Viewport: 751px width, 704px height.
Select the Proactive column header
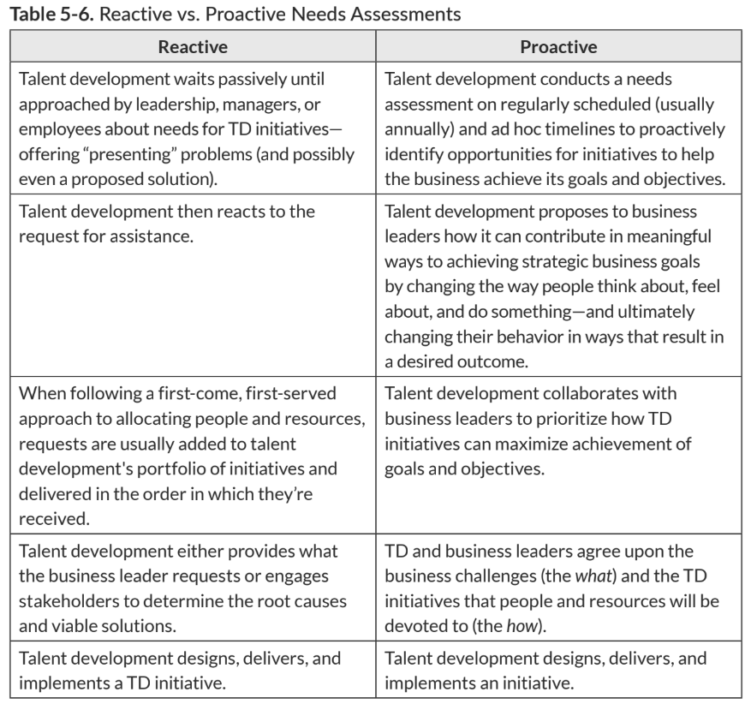(x=558, y=47)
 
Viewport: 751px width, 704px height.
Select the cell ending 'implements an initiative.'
(x=558, y=671)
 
